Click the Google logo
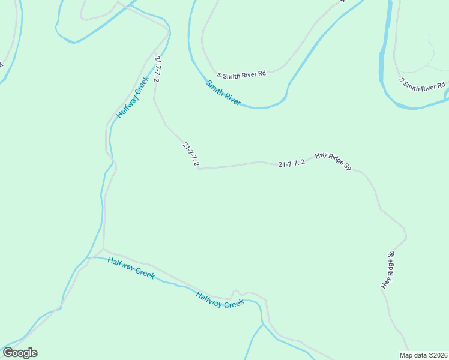click(x=20, y=353)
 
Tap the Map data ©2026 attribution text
click(x=423, y=355)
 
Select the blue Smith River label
click(x=223, y=93)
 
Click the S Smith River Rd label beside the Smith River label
click(x=241, y=74)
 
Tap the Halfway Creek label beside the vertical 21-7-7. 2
click(x=133, y=97)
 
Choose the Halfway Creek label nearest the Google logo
click(x=131, y=268)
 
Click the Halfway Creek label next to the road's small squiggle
click(x=220, y=299)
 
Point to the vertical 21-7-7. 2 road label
click(x=157, y=69)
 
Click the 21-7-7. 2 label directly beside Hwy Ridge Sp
click(x=292, y=163)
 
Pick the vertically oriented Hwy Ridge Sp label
click(x=388, y=269)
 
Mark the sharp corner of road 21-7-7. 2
click(x=198, y=169)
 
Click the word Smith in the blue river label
click(x=214, y=88)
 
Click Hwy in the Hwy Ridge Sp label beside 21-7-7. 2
click(x=322, y=156)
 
